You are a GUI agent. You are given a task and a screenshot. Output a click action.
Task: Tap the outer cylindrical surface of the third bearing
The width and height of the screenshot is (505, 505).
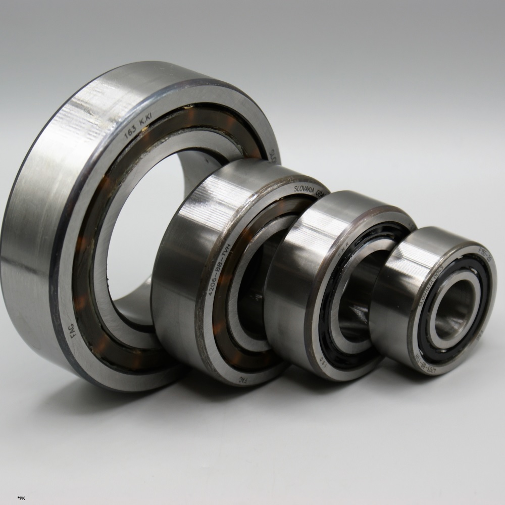click(x=288, y=283)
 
